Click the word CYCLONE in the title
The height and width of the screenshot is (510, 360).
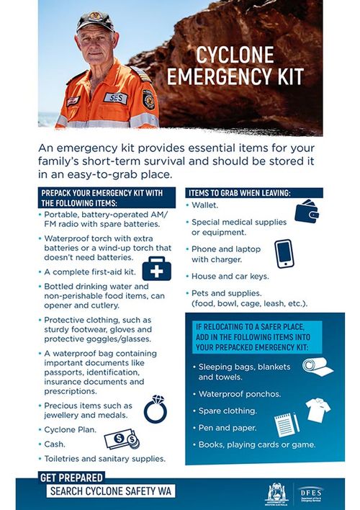tap(235, 55)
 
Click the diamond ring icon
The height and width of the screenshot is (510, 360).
tap(156, 408)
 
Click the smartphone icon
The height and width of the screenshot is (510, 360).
tap(284, 254)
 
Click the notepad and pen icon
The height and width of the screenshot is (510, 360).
tap(285, 425)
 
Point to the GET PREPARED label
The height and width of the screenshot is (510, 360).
tap(71, 477)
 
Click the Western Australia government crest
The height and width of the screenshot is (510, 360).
tap(276, 493)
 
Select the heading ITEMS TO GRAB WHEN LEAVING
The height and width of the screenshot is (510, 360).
tap(239, 192)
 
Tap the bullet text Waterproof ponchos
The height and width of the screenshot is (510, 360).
tap(240, 394)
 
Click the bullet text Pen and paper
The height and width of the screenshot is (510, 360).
tap(227, 427)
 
